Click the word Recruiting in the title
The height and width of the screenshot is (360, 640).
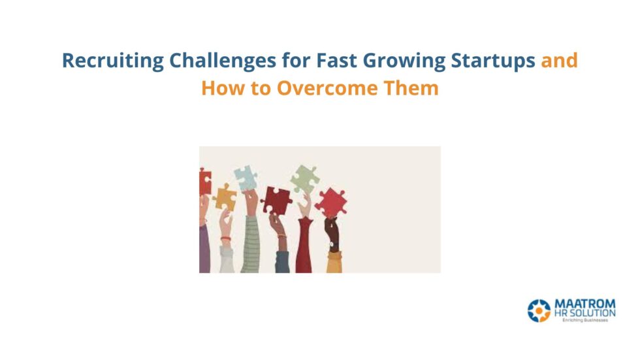click(112, 61)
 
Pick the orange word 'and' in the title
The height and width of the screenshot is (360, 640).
click(560, 61)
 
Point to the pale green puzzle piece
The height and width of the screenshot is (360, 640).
click(304, 178)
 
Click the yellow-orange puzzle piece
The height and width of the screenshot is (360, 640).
click(225, 197)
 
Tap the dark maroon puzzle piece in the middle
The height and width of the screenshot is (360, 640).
click(276, 200)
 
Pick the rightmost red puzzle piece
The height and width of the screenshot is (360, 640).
click(330, 203)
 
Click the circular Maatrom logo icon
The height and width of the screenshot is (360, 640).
click(539, 310)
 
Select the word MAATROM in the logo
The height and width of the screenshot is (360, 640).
click(584, 304)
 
